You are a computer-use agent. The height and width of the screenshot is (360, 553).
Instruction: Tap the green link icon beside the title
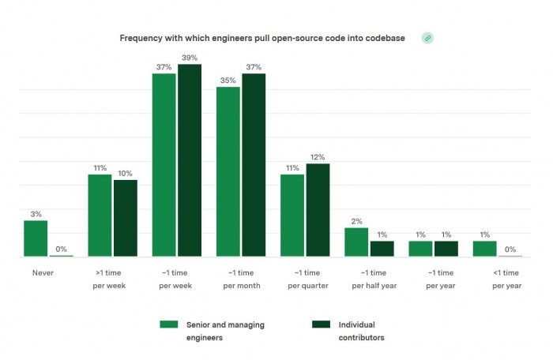(x=427, y=38)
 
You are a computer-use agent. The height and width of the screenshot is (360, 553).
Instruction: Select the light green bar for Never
(x=36, y=238)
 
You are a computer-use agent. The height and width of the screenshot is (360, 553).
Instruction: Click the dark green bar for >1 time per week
(x=126, y=218)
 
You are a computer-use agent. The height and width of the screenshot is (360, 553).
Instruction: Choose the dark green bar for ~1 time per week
(x=190, y=160)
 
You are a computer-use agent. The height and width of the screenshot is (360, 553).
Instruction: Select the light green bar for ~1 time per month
(x=228, y=171)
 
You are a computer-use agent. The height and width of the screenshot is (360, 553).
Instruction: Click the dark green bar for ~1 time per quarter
(x=318, y=210)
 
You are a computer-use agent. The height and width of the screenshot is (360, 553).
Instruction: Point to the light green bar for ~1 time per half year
(x=356, y=242)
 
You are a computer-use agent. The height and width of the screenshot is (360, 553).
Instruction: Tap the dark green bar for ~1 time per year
(x=446, y=249)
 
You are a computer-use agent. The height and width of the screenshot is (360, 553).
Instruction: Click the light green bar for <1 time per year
(x=485, y=249)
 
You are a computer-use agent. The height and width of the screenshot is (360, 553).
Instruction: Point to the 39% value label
(x=190, y=58)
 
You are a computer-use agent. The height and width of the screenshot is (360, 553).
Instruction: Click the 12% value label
(x=318, y=157)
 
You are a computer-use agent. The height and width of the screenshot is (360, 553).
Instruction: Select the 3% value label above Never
(x=36, y=214)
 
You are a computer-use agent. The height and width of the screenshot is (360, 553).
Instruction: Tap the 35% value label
(x=228, y=81)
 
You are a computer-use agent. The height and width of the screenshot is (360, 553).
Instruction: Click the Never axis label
(x=43, y=272)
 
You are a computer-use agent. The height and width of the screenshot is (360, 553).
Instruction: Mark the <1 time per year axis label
(x=506, y=278)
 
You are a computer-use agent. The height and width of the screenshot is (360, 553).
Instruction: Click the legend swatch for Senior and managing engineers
(x=167, y=324)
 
